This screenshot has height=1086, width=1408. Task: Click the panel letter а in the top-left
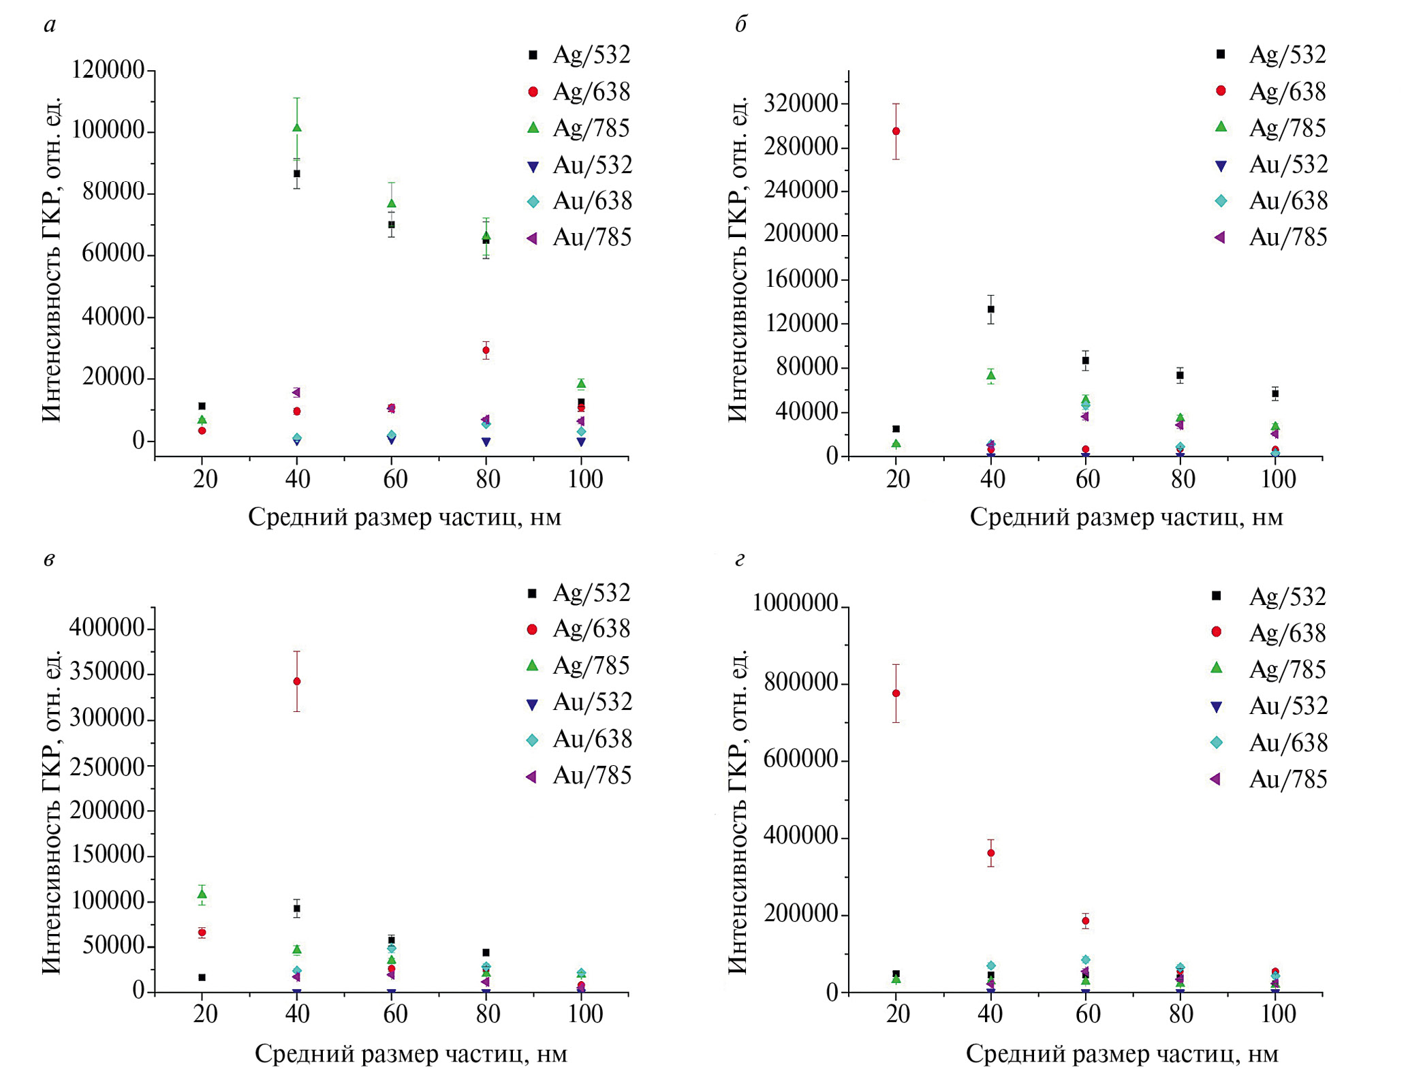pyautogui.click(x=50, y=25)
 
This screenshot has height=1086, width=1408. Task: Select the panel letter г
pyautogui.click(x=740, y=560)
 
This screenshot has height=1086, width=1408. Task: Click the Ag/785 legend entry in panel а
pyautogui.click(x=579, y=128)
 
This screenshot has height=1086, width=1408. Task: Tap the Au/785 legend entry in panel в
pyautogui.click(x=579, y=775)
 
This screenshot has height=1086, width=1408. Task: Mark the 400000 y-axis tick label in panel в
pyautogui.click(x=108, y=627)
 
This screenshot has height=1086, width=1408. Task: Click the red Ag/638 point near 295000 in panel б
pyautogui.click(x=896, y=131)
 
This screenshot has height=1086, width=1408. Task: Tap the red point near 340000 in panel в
pyautogui.click(x=297, y=681)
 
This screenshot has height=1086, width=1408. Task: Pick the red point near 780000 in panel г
pyautogui.click(x=896, y=694)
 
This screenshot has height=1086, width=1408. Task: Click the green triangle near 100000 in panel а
pyautogui.click(x=297, y=127)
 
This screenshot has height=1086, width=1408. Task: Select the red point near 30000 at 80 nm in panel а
pyautogui.click(x=486, y=350)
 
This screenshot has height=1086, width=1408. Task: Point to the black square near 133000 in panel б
pyautogui.click(x=991, y=309)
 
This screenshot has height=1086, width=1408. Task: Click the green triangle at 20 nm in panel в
pyautogui.click(x=202, y=894)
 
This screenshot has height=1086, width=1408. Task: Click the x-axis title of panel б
pyautogui.click(x=1126, y=518)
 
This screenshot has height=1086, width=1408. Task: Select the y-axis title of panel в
pyautogui.click(x=52, y=811)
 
